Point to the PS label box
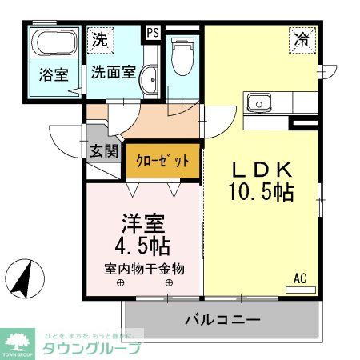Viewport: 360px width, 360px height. pyautogui.click(x=152, y=33)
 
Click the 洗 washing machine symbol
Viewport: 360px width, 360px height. pyautogui.click(x=100, y=38)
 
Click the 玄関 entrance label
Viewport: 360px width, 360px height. pyautogui.click(x=103, y=150)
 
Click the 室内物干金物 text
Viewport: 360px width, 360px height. pyautogui.click(x=144, y=269)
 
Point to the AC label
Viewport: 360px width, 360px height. pyautogui.click(x=300, y=278)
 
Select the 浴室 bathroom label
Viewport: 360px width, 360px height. pyautogui.click(x=55, y=74)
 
